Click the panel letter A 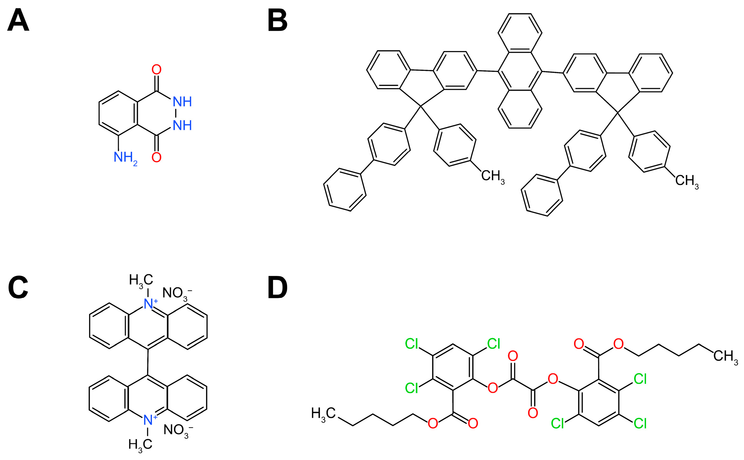[x=18, y=21]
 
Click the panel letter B [x=277, y=21]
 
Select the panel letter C [x=18, y=288]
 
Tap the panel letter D [x=277, y=288]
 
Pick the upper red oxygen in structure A [x=156, y=70]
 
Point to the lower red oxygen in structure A [x=156, y=157]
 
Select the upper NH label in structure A [x=182, y=102]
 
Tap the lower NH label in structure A [x=182, y=126]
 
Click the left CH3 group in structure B [x=492, y=176]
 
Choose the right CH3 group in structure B [x=687, y=181]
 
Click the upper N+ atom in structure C [x=149, y=304]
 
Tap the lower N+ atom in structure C [x=149, y=420]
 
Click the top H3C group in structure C [x=141, y=280]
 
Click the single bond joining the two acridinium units [x=148, y=362]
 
